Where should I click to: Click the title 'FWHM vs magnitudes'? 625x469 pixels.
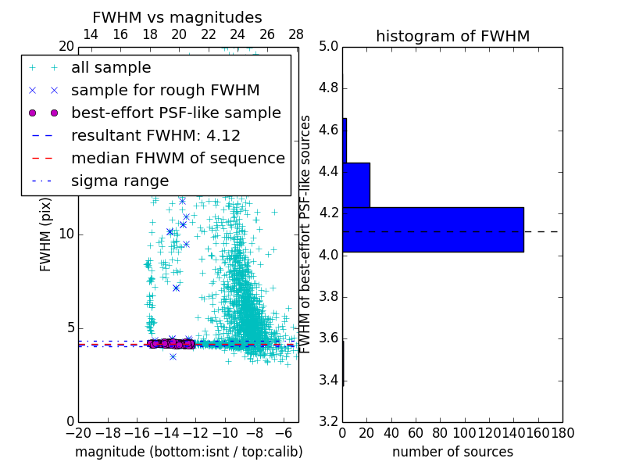coord(177,17)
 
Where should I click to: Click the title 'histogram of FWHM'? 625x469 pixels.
coord(452,36)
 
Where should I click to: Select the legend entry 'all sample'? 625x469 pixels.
coord(111,68)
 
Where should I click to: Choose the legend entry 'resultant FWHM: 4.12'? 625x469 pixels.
coord(155,135)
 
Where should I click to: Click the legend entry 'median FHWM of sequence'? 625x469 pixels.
coord(177,158)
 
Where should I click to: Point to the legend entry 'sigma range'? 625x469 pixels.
coord(120,181)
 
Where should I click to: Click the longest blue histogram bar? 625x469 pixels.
coord(433,229)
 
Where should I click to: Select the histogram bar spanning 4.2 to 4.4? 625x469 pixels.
coord(356,184)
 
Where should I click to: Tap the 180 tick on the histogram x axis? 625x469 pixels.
coord(562,431)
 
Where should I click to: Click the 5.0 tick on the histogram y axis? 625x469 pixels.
coord(329,46)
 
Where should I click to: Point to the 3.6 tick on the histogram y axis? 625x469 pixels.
coord(329,338)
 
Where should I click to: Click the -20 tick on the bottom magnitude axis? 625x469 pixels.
coord(78,431)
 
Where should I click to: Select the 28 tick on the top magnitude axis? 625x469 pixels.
coord(296,34)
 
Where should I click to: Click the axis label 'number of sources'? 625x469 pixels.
coord(452,452)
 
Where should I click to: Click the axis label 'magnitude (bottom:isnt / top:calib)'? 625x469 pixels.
coord(188,452)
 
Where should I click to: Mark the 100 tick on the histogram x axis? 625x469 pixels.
coord(465,431)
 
